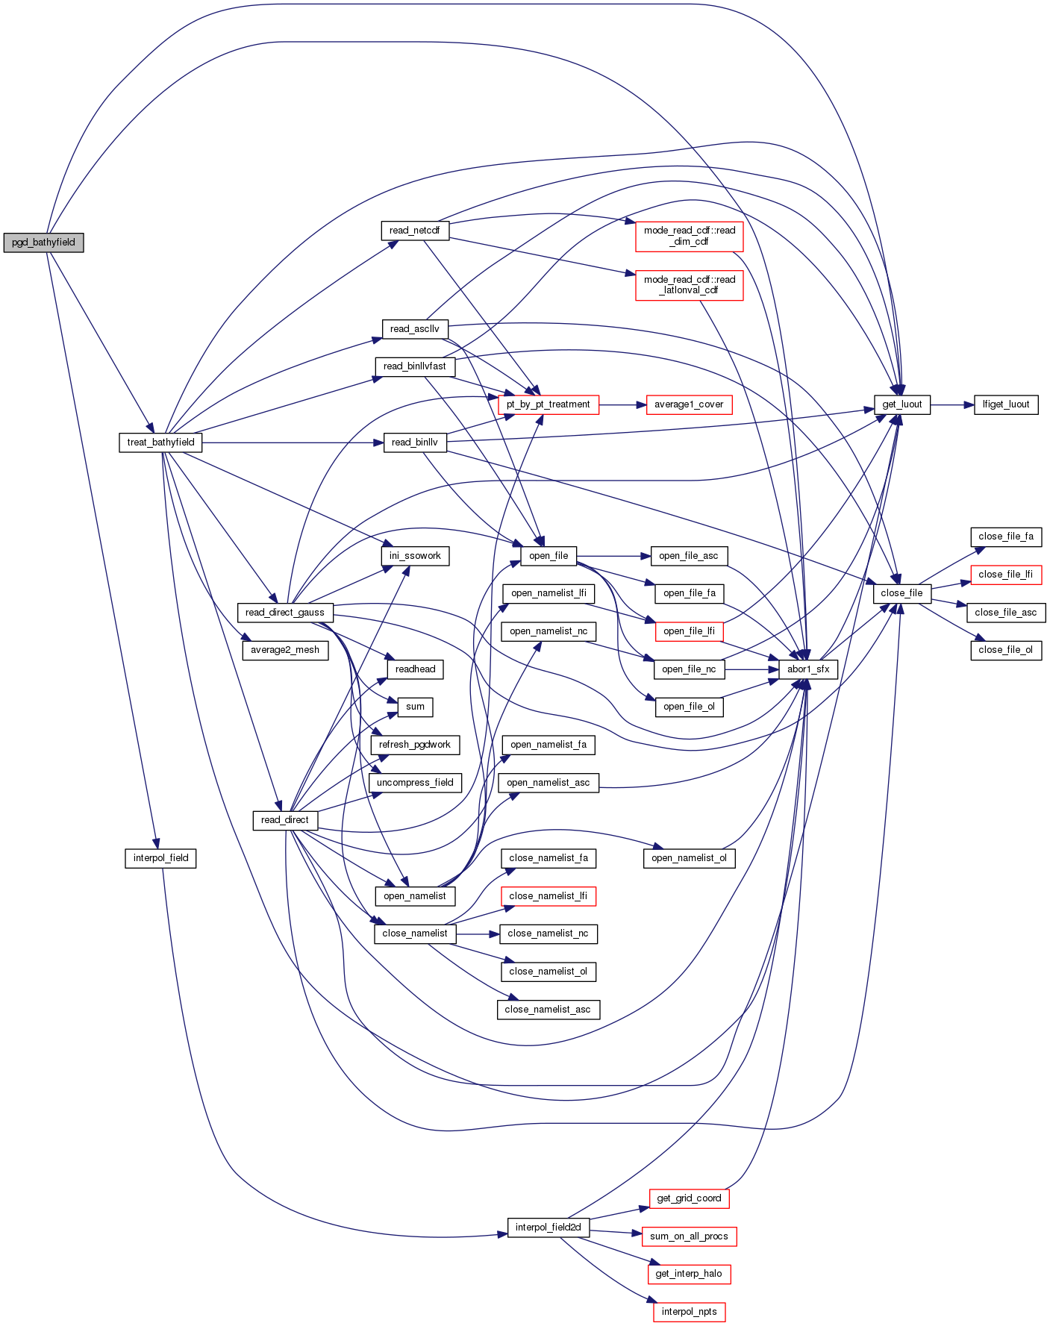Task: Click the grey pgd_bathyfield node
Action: click(x=43, y=243)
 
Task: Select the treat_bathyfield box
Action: click(x=160, y=442)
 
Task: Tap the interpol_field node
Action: click(x=160, y=858)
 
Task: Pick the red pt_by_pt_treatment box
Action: click(x=548, y=404)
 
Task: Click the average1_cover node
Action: click(x=689, y=404)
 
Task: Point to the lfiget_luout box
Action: click(x=1005, y=404)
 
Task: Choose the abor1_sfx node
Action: click(x=807, y=669)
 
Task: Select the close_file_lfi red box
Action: click(x=1005, y=575)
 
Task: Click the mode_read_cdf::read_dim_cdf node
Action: click(x=689, y=236)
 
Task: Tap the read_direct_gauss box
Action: click(x=284, y=613)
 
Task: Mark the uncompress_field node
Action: click(x=415, y=783)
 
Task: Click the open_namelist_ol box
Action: click(x=689, y=858)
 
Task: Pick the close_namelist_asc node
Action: click(x=548, y=1010)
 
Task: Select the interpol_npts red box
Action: click(x=689, y=1312)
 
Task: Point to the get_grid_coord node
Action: click(x=689, y=1198)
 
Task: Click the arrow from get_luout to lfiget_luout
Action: click(x=952, y=404)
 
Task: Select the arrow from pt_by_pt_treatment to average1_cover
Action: click(x=622, y=404)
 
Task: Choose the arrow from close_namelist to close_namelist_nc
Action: click(x=478, y=933)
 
